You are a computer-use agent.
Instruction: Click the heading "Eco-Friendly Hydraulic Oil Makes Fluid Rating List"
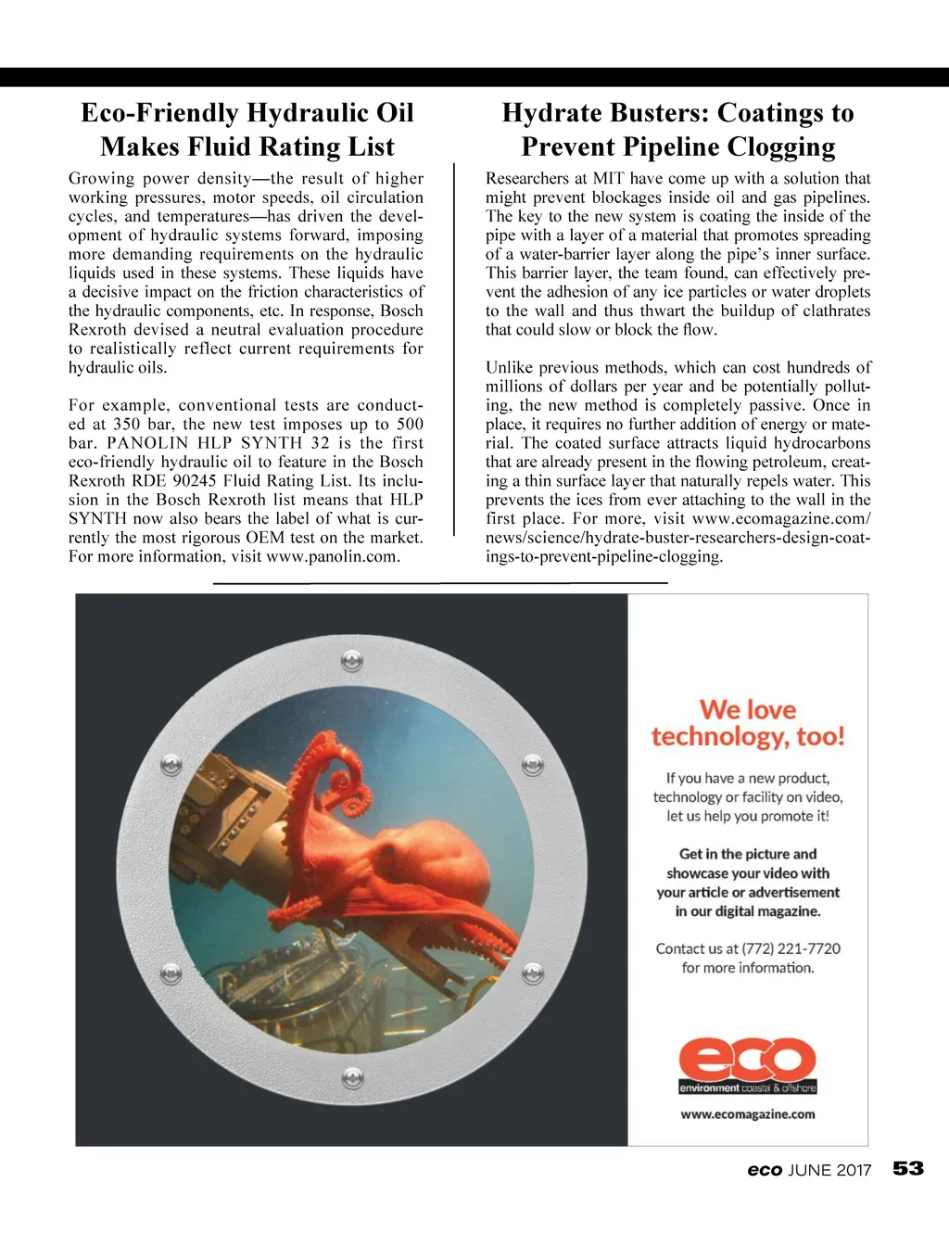pyautogui.click(x=247, y=130)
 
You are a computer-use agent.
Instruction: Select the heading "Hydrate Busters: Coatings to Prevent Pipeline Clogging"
pyautogui.click(x=677, y=130)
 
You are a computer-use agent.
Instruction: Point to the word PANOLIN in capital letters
pyautogui.click(x=148, y=443)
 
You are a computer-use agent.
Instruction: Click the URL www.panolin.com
pyautogui.click(x=332, y=556)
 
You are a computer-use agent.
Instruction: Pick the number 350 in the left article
pyautogui.click(x=127, y=424)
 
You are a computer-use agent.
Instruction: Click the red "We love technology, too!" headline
pyautogui.click(x=748, y=723)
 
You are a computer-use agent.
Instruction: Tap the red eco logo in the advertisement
pyautogui.click(x=747, y=1060)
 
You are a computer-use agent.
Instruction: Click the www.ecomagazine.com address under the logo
pyautogui.click(x=748, y=1114)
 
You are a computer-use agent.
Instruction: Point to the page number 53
pyautogui.click(x=908, y=1168)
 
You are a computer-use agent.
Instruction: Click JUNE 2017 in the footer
pyautogui.click(x=829, y=1170)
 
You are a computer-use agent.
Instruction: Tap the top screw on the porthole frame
pyautogui.click(x=352, y=662)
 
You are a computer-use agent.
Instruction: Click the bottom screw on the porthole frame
pyautogui.click(x=352, y=1078)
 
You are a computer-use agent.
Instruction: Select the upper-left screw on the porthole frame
pyautogui.click(x=171, y=766)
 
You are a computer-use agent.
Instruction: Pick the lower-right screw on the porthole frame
pyautogui.click(x=533, y=973)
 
